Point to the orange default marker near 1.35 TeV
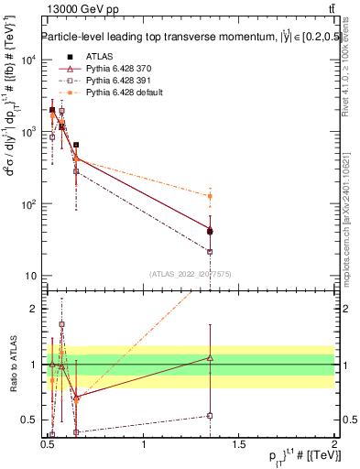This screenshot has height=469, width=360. pos(211,196)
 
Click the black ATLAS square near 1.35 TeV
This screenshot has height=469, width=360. pos(211,232)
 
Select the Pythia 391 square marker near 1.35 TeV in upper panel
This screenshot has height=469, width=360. pos(211,251)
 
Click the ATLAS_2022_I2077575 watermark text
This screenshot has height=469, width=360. pos(191,273)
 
